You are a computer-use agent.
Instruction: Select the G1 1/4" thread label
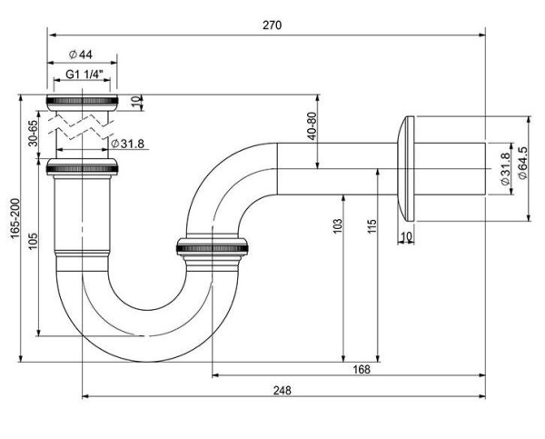(x=84, y=75)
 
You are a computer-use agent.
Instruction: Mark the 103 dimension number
(x=337, y=227)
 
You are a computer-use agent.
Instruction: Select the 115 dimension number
(x=372, y=227)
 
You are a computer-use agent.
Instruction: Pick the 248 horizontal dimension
(x=282, y=391)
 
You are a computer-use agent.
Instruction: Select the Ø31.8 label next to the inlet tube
(x=128, y=143)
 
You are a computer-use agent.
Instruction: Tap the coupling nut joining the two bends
(x=211, y=247)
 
